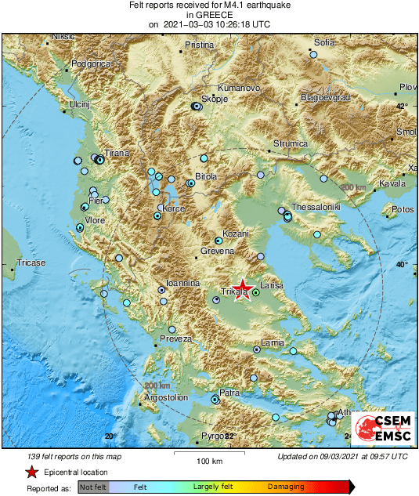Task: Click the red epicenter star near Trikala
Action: [244, 288]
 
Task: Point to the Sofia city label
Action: [324, 42]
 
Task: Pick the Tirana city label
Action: [117, 154]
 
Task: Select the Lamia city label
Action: [272, 343]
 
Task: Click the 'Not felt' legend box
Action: [93, 487]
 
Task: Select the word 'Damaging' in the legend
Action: [286, 487]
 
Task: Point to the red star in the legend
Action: [31, 472]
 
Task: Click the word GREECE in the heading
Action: [210, 15]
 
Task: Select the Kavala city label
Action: [392, 183]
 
